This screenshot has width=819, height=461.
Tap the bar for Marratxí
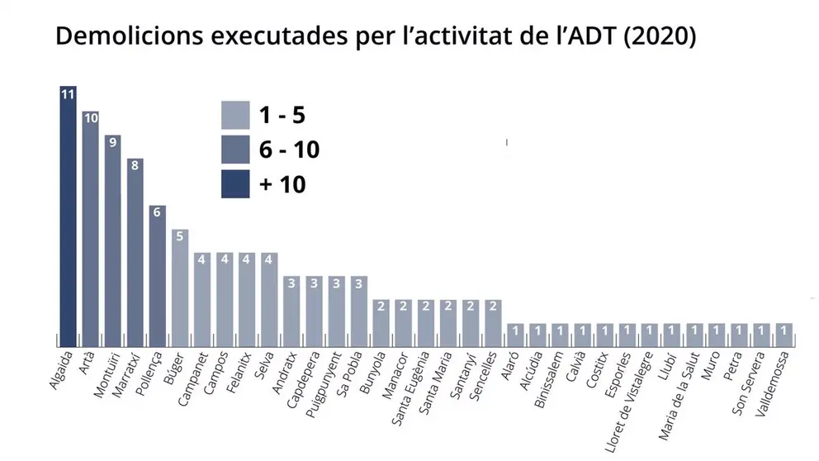pos(135,252)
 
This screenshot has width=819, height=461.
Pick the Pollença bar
pos(158,276)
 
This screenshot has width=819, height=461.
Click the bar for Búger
pos(180,288)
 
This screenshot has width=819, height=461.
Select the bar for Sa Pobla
pos(358,311)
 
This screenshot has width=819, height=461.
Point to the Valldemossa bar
pos(783,335)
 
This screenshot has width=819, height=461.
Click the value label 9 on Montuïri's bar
pos(113,141)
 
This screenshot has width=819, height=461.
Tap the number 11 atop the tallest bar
pos(68,93)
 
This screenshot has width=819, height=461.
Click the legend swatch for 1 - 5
pos(235,115)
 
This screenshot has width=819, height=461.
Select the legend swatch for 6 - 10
pos(235,150)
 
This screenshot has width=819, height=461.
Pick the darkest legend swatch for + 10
pos(235,184)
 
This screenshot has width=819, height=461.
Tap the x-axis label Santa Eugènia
pos(410,384)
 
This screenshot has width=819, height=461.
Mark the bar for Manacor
pos(403,322)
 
